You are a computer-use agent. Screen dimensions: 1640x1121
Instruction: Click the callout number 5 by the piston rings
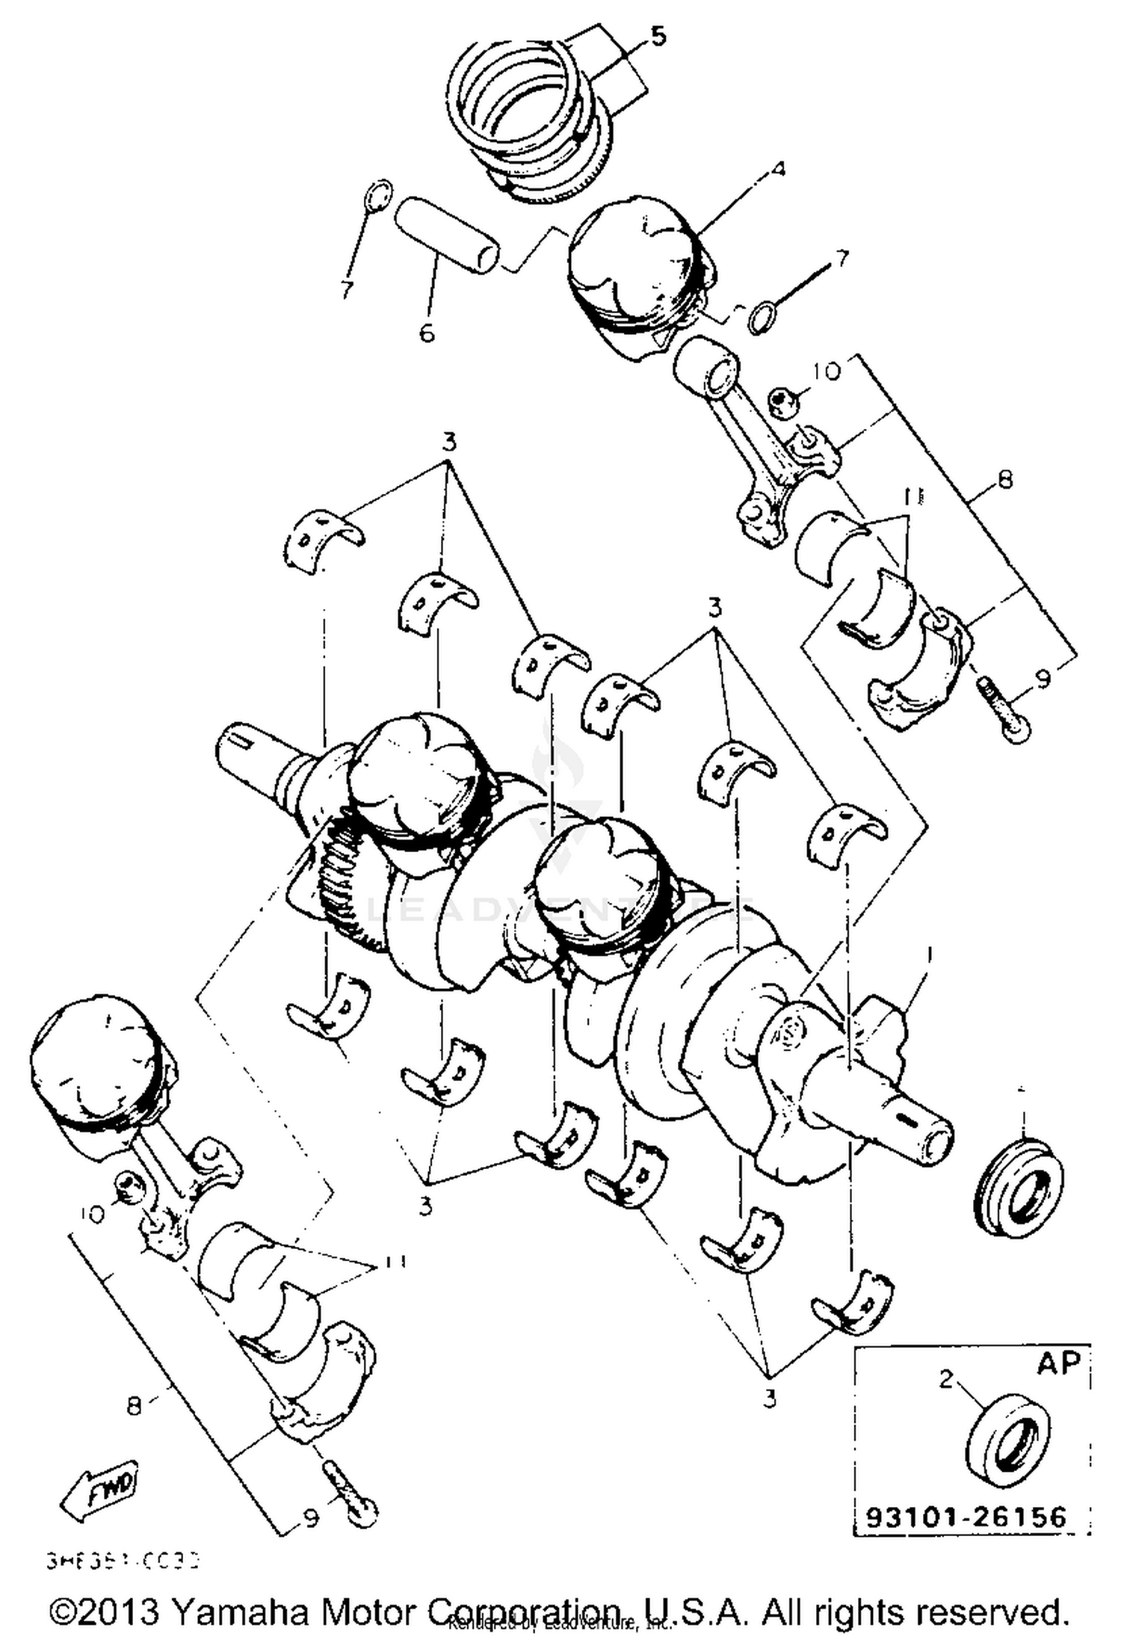(657, 37)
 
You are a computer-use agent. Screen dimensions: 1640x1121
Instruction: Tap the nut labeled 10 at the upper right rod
(784, 402)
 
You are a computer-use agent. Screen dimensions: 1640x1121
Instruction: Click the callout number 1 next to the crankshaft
(929, 955)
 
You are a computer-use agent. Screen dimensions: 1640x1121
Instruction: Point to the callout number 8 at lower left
(134, 1407)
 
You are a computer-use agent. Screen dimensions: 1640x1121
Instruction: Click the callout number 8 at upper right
(1004, 479)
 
